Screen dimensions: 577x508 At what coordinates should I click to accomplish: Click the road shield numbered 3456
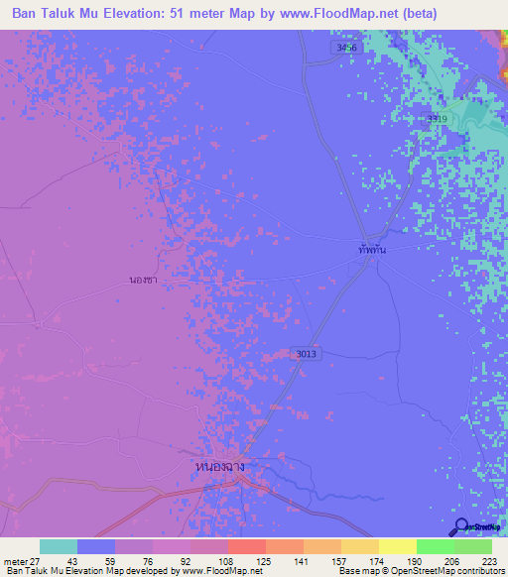pyautogui.click(x=344, y=46)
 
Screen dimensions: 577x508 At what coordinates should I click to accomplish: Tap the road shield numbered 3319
pyautogui.click(x=437, y=118)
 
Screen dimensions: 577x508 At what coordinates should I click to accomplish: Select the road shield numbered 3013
pyautogui.click(x=306, y=353)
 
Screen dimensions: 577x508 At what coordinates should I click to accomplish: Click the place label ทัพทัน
pyautogui.click(x=372, y=251)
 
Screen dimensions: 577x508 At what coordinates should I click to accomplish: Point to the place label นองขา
pyautogui.click(x=143, y=281)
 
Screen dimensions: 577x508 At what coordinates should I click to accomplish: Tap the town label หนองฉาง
pyautogui.click(x=219, y=465)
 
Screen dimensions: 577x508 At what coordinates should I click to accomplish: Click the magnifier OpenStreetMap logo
pyautogui.click(x=460, y=527)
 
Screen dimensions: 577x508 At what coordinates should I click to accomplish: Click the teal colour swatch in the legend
pyautogui.click(x=59, y=546)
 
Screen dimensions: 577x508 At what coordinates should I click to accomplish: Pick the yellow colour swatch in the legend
pyautogui.click(x=397, y=546)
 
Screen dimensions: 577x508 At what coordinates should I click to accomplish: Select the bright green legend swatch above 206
pyautogui.click(x=435, y=546)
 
